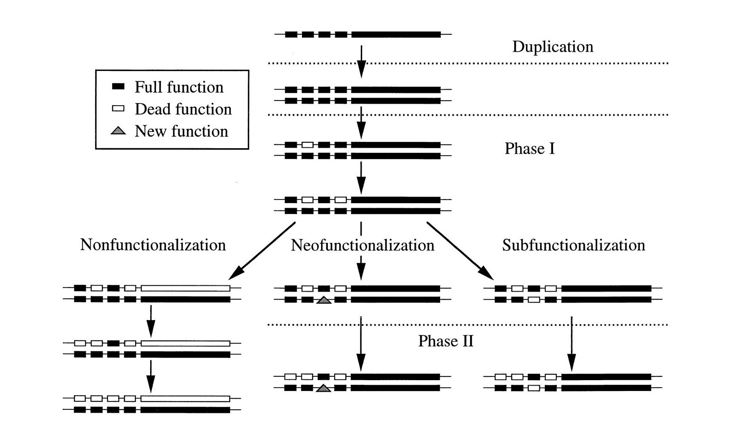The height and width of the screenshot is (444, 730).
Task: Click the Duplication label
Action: pos(552,47)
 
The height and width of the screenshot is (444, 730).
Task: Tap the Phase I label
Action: pos(529,149)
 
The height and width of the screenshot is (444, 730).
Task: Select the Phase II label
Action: pos(446,341)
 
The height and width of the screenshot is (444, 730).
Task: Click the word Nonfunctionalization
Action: pos(153,245)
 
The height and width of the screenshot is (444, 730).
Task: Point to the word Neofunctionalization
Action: pos(362,245)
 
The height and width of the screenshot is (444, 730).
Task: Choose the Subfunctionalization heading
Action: pos(573,245)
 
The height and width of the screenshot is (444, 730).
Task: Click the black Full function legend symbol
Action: pos(118,87)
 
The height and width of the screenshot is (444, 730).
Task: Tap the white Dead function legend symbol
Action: pos(118,109)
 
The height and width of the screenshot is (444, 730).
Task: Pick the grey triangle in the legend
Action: pos(118,131)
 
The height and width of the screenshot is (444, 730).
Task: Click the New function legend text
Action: pos(181,131)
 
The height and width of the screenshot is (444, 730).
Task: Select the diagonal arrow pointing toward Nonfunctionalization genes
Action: pos(262,250)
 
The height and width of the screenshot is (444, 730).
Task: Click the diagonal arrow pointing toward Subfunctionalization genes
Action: pos(460,251)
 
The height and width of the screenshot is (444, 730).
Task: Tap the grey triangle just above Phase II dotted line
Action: pos(324,300)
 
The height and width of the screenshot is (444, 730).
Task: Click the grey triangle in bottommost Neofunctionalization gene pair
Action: pos(324,388)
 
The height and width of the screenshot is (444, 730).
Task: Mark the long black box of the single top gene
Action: pos(396,35)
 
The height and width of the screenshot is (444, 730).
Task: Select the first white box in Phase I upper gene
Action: pos(307,145)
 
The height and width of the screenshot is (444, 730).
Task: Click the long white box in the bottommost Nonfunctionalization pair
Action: pos(185,399)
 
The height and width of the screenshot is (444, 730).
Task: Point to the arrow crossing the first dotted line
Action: pos(361,61)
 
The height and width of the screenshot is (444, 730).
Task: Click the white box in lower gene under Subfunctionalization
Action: pos(534,300)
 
